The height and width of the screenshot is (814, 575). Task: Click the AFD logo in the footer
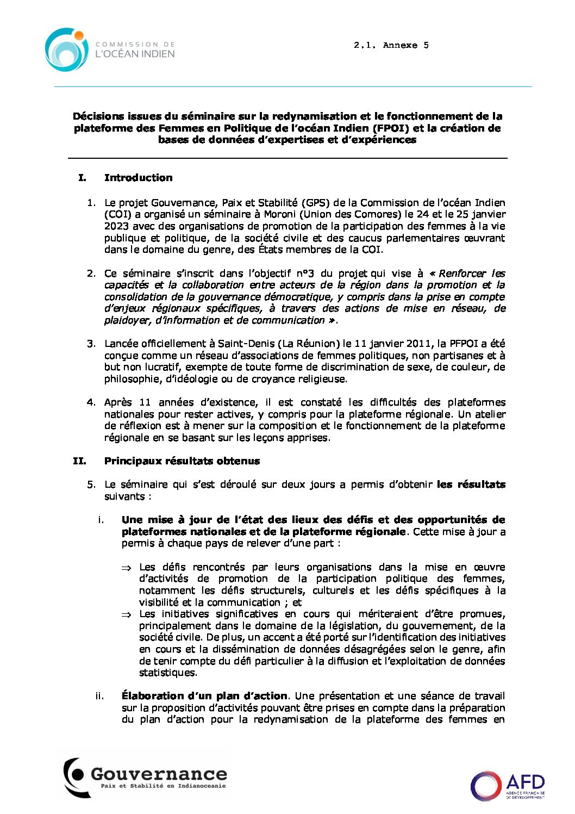508,785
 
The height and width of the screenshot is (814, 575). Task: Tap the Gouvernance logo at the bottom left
145,777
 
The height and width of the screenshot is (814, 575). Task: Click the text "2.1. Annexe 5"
391,46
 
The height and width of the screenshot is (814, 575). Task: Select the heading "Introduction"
138,178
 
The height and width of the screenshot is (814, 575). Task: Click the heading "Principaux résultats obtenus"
182,461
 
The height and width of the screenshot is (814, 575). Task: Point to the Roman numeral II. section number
79,461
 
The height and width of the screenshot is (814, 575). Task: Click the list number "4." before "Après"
91,402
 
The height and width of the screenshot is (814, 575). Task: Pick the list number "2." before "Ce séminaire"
91,274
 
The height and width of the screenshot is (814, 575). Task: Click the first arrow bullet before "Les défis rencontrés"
126,568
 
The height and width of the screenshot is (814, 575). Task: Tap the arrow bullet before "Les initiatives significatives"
126,614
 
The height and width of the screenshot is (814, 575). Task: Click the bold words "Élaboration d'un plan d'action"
204,696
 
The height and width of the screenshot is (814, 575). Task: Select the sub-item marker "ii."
99,696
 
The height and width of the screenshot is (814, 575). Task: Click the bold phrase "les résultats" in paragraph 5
471,484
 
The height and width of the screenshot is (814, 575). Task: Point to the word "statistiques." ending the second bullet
168,673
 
